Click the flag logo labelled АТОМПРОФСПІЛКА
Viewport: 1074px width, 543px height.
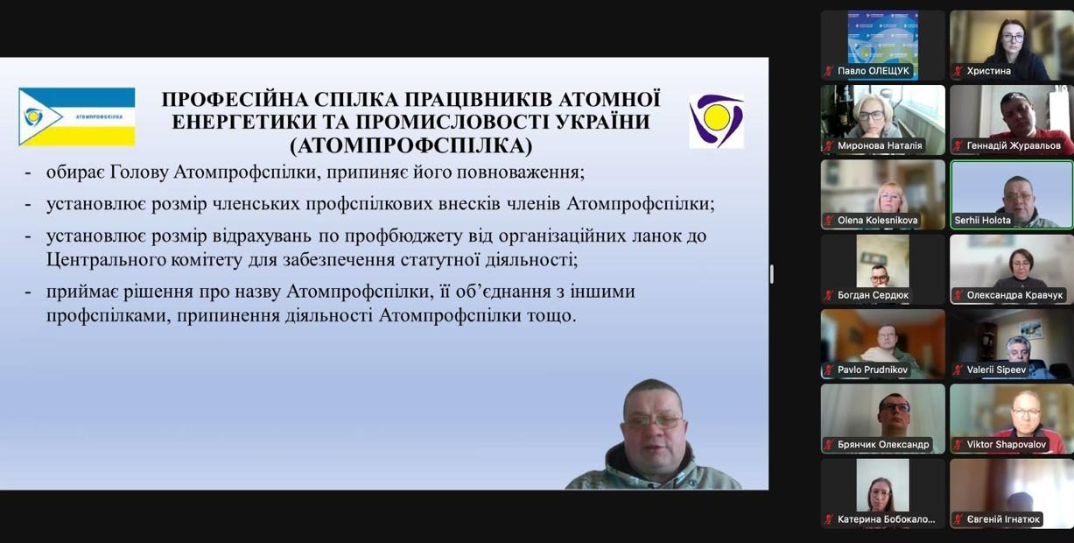coord(77,116)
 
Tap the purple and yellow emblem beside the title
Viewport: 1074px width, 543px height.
coord(717,121)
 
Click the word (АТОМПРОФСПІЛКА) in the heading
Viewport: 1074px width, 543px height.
coord(411,145)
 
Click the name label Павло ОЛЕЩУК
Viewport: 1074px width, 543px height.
coord(873,71)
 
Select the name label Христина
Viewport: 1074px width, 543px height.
coord(988,71)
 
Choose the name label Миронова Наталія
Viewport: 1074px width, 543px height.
coord(880,145)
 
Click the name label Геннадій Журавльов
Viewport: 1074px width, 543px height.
coord(1014,145)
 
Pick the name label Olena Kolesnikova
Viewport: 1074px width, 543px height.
coord(877,220)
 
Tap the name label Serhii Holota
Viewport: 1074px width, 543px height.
coord(982,220)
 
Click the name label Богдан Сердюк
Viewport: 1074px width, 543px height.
coord(873,295)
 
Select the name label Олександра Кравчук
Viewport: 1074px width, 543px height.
coord(1014,295)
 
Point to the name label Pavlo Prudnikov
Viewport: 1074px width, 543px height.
coord(873,370)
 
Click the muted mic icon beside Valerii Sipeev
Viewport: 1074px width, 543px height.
coord(958,370)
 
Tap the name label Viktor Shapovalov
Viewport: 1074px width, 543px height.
coord(1007,445)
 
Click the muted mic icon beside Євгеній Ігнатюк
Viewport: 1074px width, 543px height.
coord(958,519)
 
